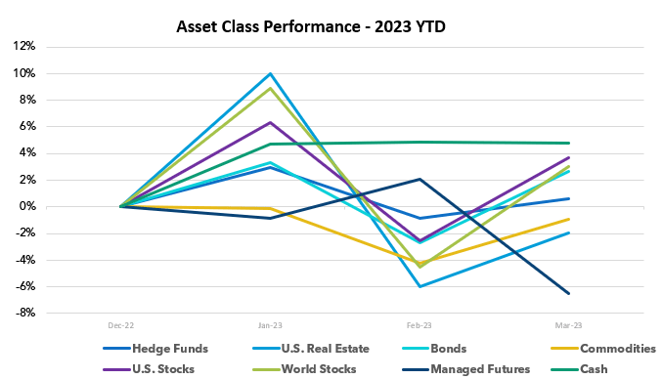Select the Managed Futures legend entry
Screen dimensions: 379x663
coord(466,368)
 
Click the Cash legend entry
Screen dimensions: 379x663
coord(593,368)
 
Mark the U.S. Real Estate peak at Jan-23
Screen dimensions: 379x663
coord(271,73)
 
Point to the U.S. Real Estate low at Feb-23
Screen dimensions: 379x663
coord(420,286)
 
